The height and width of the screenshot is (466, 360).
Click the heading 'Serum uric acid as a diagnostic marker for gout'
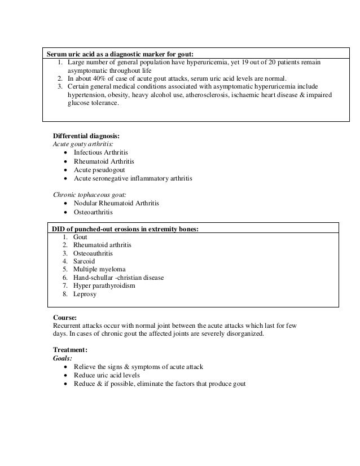click(119, 54)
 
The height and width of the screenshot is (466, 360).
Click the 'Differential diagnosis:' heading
click(86, 136)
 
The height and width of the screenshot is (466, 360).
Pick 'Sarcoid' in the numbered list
click(84, 261)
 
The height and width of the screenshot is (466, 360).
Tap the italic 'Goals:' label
click(62, 358)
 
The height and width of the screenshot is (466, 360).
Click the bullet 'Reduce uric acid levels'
click(107, 375)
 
